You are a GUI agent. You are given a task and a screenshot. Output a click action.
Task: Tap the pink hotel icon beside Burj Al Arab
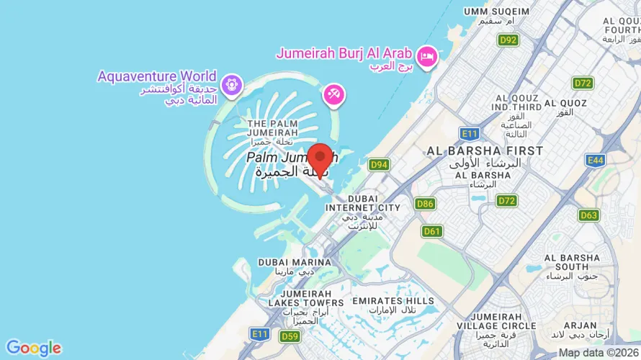(x=428, y=55)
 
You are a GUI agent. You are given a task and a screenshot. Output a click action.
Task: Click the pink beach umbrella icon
(x=333, y=94)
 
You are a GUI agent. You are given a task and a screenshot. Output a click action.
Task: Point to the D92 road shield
(x=508, y=40)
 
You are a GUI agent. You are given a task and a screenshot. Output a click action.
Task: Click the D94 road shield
(x=379, y=165)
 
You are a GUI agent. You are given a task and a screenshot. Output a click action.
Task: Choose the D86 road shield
(x=425, y=204)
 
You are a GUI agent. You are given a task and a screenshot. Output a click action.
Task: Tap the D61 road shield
(x=431, y=231)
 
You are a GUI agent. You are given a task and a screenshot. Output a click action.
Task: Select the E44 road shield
(x=595, y=160)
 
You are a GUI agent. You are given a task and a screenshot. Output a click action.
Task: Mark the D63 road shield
(x=588, y=215)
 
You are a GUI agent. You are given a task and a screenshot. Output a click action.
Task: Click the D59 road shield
(x=290, y=336)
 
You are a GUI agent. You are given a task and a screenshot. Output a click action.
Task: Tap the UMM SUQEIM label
(x=496, y=12)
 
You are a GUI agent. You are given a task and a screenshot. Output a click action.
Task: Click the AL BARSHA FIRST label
(x=485, y=150)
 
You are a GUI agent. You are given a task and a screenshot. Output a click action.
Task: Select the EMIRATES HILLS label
(x=393, y=301)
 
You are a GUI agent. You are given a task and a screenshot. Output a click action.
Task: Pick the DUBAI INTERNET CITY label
(x=362, y=203)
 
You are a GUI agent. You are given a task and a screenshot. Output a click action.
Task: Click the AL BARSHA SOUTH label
(x=572, y=262)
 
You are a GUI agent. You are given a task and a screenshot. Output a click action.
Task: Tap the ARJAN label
(x=581, y=325)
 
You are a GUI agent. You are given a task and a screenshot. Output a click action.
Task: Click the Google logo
(x=33, y=348)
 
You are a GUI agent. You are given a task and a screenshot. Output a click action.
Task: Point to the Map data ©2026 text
(x=599, y=353)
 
